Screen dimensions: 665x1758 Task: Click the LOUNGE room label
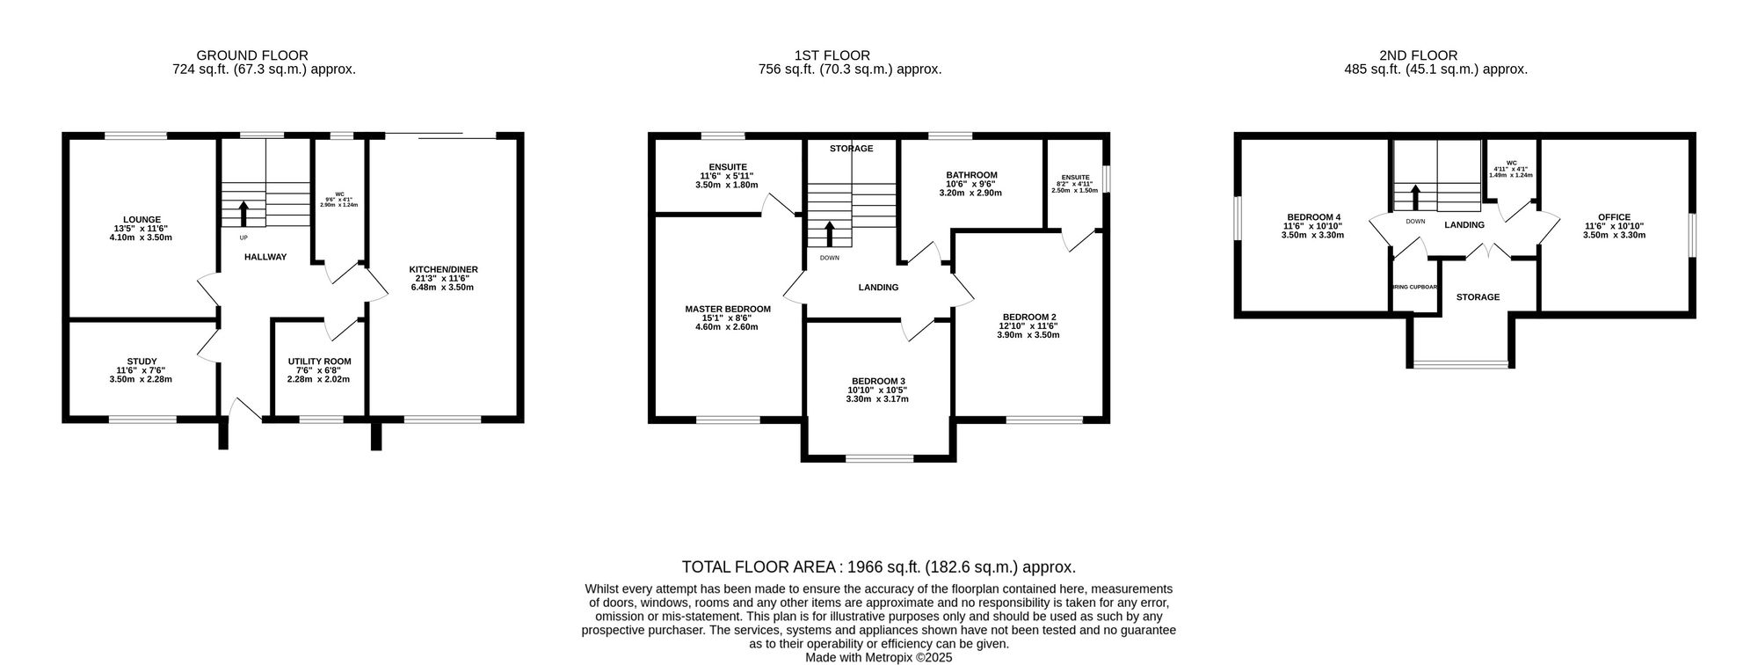tap(142, 220)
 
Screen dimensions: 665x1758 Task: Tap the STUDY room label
tap(142, 362)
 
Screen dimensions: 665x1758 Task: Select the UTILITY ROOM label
tap(319, 362)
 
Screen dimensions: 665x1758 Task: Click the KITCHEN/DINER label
tap(443, 269)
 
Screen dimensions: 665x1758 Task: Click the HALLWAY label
tap(265, 257)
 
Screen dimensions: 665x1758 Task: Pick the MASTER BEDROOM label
tap(728, 309)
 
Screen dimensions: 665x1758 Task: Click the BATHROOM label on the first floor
tap(971, 175)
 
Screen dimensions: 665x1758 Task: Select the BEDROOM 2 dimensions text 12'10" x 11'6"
tap(1028, 325)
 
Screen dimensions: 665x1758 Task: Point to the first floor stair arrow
tap(829, 233)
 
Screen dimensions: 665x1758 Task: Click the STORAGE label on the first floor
tap(851, 149)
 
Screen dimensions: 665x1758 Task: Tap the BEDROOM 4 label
tap(1313, 217)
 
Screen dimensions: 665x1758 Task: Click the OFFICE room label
tap(1614, 217)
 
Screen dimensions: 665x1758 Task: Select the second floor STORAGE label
tap(1478, 297)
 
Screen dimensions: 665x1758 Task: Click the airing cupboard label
tap(1414, 287)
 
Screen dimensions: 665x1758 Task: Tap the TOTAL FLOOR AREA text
tap(878, 567)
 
